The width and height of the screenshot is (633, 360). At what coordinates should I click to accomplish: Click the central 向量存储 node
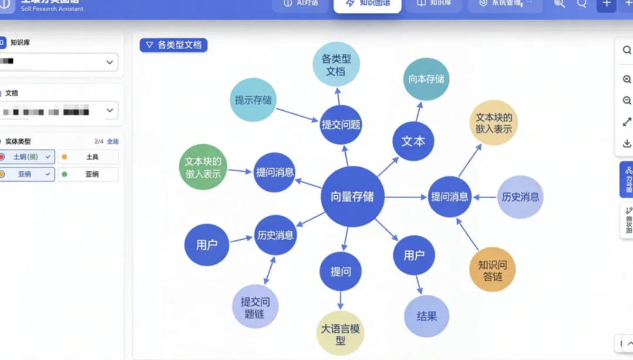(x=352, y=197)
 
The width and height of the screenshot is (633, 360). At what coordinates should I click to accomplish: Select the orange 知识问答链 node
(x=492, y=270)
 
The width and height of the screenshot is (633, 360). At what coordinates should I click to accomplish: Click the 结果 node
(x=427, y=317)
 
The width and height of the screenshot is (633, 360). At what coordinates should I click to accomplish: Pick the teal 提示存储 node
(x=253, y=100)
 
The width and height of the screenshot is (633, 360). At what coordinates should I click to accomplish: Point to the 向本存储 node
(x=426, y=79)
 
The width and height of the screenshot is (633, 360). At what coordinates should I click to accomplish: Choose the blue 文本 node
(x=413, y=141)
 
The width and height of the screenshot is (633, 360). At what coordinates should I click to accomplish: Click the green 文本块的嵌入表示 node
(x=203, y=167)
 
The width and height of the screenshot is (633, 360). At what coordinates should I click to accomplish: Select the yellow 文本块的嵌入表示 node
(x=494, y=123)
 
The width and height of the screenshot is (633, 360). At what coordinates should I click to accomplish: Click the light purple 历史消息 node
(x=520, y=197)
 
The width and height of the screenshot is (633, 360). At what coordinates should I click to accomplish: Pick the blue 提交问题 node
(x=341, y=124)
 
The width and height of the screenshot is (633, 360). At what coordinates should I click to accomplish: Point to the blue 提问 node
(x=341, y=271)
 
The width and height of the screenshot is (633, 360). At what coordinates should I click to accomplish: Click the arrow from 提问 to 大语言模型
(x=341, y=301)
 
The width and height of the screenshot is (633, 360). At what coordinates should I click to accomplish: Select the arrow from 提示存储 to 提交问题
(x=297, y=116)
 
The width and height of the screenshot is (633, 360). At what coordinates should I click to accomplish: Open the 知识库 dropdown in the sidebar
(x=59, y=62)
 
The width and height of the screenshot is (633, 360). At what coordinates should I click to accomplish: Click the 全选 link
(x=113, y=141)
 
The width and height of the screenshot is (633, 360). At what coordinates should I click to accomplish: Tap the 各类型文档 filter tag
(x=173, y=45)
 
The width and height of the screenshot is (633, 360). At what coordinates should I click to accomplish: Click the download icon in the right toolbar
(x=627, y=144)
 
